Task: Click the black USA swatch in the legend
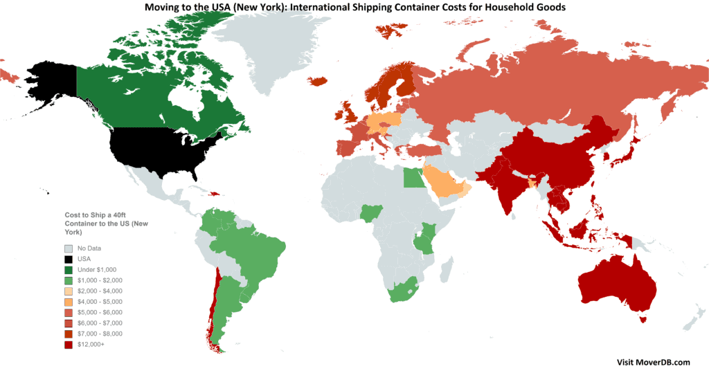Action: (68, 258)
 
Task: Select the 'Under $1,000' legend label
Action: (97, 269)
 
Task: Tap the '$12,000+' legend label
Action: (91, 345)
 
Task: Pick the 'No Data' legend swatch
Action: (68, 248)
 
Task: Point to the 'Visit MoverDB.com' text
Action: (653, 362)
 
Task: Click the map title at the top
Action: (354, 8)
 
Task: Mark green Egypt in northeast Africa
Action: (413, 179)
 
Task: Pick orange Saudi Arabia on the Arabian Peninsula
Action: (444, 181)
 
